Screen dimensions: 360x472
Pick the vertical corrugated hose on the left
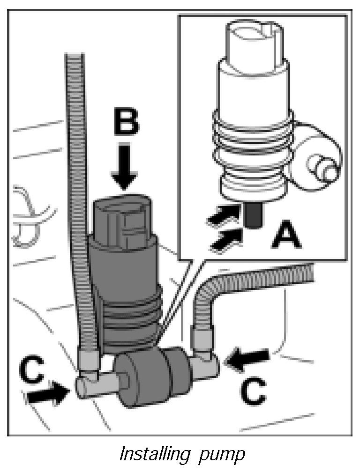click(x=77, y=187)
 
